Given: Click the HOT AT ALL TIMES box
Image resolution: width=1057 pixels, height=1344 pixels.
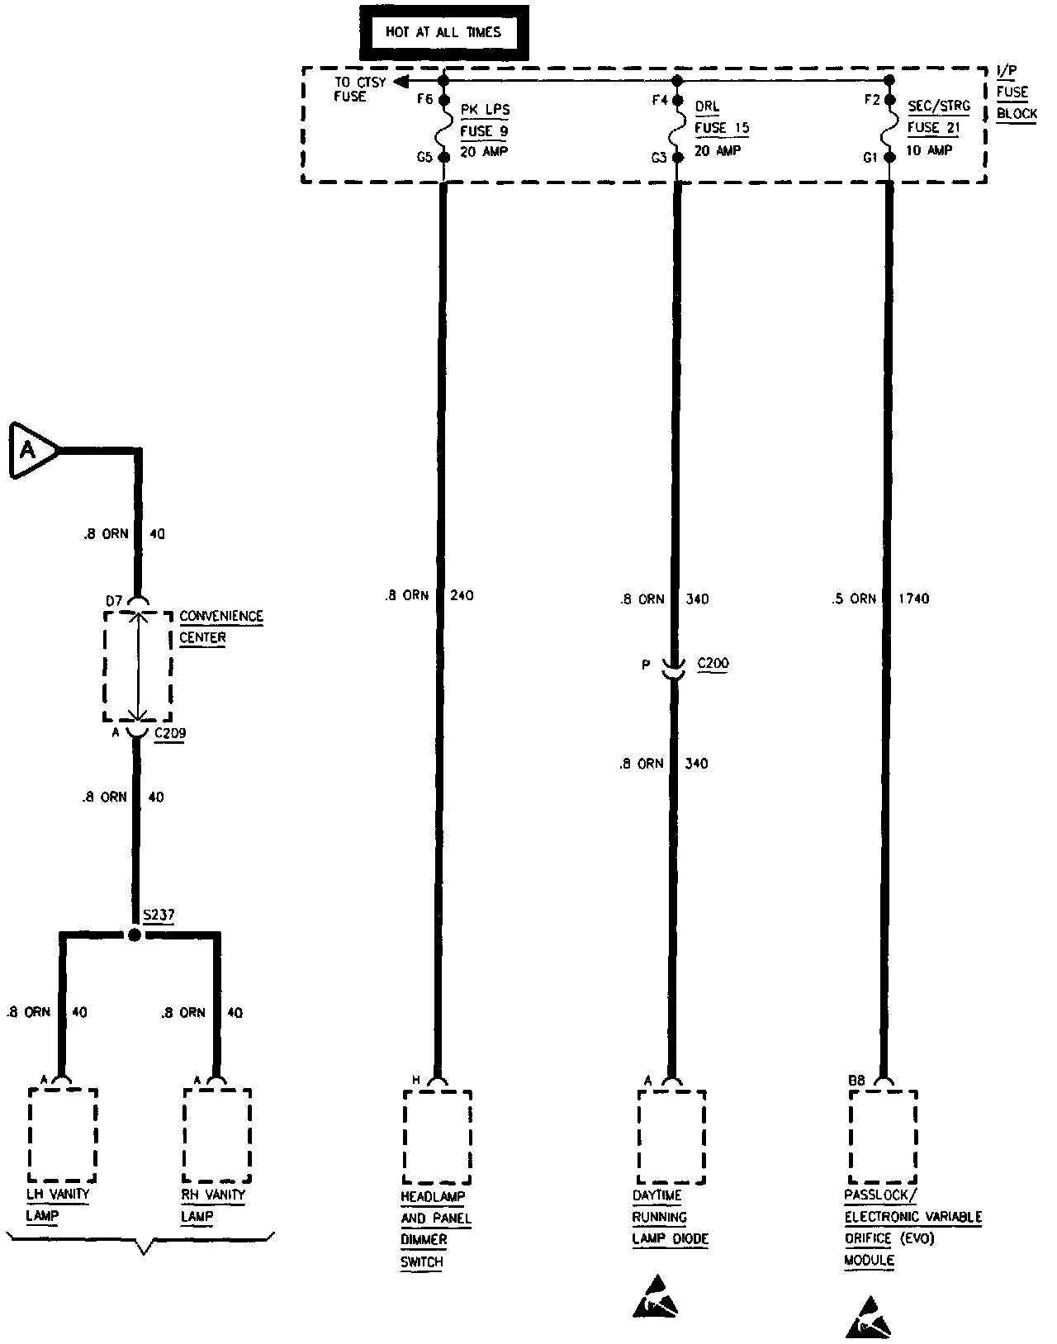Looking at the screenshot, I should pos(443,33).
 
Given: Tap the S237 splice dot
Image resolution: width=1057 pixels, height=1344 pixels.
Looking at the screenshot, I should pos(135,935).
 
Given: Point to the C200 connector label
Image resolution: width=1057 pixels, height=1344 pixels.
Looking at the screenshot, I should pos(713,663).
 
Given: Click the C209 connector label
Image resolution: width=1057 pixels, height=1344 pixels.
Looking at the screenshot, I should pos(169,732).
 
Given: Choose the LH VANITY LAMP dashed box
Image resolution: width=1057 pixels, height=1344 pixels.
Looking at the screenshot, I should pos(63,1134).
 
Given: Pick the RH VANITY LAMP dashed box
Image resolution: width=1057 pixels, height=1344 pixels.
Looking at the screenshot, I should pos(217,1134).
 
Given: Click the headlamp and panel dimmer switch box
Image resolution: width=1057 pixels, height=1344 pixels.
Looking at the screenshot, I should pos(437,1137).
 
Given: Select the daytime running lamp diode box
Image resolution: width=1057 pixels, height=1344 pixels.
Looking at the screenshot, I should pos(671,1137).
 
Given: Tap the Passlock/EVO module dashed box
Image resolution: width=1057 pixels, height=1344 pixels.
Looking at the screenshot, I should pos(883,1137).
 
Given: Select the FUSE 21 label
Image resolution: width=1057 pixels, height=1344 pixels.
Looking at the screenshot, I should pos(934,127).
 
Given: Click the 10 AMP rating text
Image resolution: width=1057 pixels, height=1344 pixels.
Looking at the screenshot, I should pos(929,150).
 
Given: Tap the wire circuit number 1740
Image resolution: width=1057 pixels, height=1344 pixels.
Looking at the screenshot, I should pos(912,599).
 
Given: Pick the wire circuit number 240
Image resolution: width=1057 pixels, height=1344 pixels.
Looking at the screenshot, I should pos(462,595).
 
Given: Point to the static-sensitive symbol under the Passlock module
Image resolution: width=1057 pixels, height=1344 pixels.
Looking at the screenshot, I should pos(870,1318).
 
